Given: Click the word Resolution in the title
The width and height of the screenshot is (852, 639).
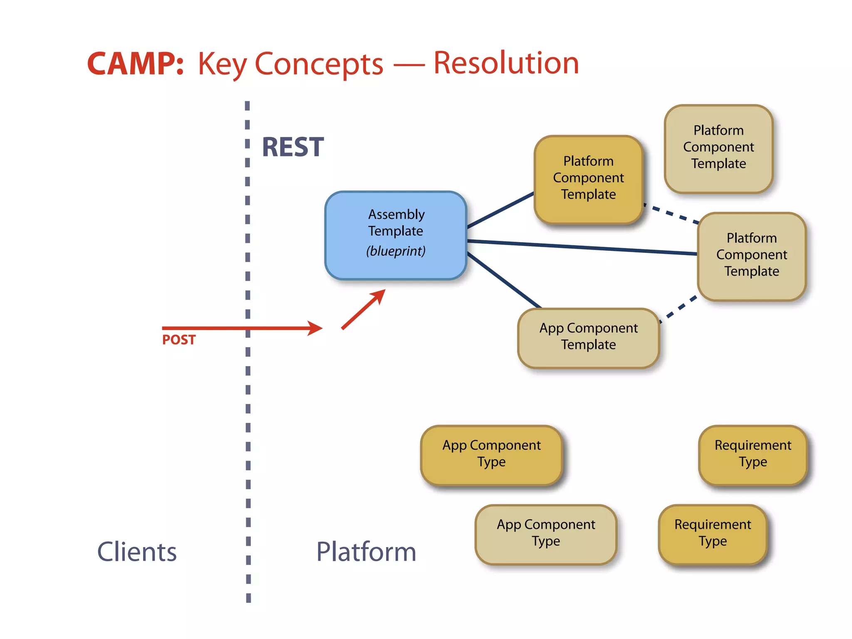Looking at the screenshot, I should [x=506, y=63].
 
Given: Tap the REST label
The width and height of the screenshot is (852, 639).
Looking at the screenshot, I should [x=293, y=147].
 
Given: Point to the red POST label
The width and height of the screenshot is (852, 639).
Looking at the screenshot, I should [x=179, y=340].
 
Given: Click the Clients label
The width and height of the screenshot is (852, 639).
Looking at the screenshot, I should [x=137, y=552].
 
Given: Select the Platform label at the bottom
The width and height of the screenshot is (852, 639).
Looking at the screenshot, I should [x=366, y=552].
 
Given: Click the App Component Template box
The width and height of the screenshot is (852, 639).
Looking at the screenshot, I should [x=588, y=338].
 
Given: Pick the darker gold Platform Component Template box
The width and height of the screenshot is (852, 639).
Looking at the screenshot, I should [x=588, y=179].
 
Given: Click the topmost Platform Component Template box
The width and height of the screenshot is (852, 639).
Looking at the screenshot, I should [x=718, y=148].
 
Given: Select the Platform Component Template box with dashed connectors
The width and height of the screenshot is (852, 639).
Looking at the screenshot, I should [x=751, y=256].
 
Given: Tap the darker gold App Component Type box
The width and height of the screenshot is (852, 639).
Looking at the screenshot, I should [x=491, y=454].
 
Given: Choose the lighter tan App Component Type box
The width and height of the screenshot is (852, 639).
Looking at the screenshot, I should [x=546, y=534].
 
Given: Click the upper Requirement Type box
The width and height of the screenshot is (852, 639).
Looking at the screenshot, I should [x=753, y=454].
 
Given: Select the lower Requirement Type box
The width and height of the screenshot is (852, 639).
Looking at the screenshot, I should [x=713, y=534].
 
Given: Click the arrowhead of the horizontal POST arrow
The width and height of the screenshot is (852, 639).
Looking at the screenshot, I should [x=316, y=328].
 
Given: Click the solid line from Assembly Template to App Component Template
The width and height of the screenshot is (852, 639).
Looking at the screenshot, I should [x=503, y=280].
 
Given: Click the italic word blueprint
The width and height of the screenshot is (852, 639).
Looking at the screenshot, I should [x=396, y=251].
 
